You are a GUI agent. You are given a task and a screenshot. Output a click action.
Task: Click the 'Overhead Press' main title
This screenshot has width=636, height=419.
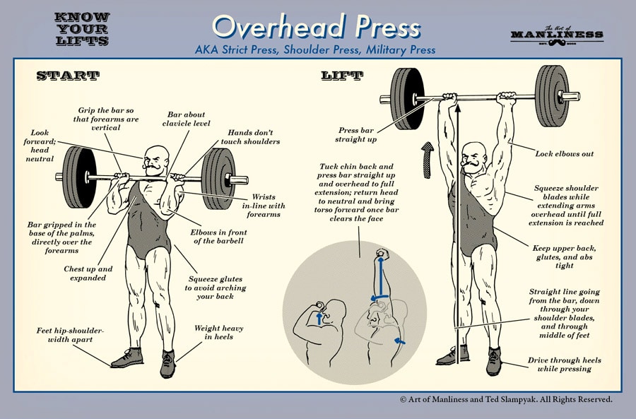(316, 26)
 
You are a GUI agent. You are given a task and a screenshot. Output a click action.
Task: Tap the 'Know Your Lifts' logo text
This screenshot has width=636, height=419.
(81, 29)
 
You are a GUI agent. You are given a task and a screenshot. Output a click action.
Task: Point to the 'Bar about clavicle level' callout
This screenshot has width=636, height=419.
(185, 121)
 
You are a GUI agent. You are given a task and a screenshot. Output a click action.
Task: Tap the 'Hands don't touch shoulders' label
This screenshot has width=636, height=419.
(253, 137)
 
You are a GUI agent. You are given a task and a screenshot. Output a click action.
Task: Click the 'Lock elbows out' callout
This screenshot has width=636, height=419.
(564, 153)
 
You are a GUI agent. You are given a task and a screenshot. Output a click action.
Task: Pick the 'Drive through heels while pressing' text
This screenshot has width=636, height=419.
(564, 365)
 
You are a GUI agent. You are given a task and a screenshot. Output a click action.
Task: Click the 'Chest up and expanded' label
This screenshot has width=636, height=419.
(87, 273)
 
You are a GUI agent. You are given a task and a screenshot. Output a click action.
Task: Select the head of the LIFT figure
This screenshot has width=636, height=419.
(473, 156)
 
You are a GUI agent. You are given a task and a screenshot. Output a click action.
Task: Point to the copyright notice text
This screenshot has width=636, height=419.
(505, 400)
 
